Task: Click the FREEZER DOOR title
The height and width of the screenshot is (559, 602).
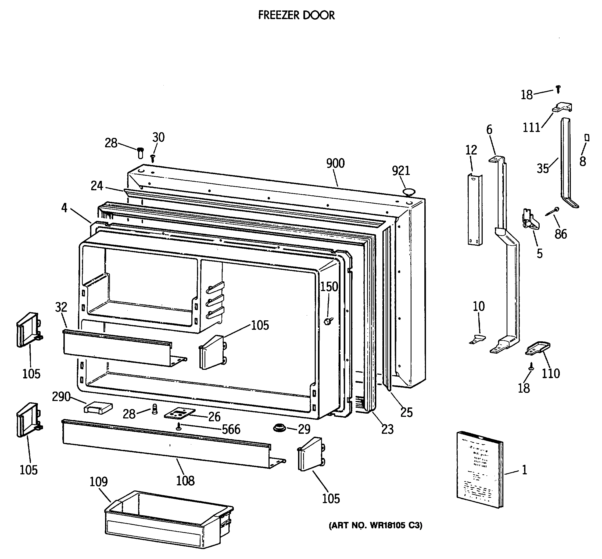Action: click(x=296, y=15)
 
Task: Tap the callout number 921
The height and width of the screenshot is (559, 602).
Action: click(x=401, y=171)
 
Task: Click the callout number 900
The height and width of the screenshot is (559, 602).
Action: click(x=335, y=163)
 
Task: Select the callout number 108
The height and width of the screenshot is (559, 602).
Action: click(x=185, y=481)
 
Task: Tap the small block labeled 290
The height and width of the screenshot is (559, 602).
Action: click(x=98, y=408)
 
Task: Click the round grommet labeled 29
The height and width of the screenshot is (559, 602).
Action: click(x=279, y=428)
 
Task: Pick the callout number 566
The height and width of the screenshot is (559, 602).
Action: click(x=231, y=429)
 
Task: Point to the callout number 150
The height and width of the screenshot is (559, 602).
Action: click(x=329, y=287)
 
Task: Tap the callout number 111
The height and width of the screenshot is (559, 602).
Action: click(x=532, y=128)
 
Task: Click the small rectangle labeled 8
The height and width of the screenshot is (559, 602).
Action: click(x=587, y=138)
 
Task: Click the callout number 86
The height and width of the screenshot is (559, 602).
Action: click(x=560, y=234)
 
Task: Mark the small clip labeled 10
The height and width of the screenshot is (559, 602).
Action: click(x=477, y=339)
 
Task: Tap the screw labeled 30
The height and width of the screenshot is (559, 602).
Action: click(x=153, y=157)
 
